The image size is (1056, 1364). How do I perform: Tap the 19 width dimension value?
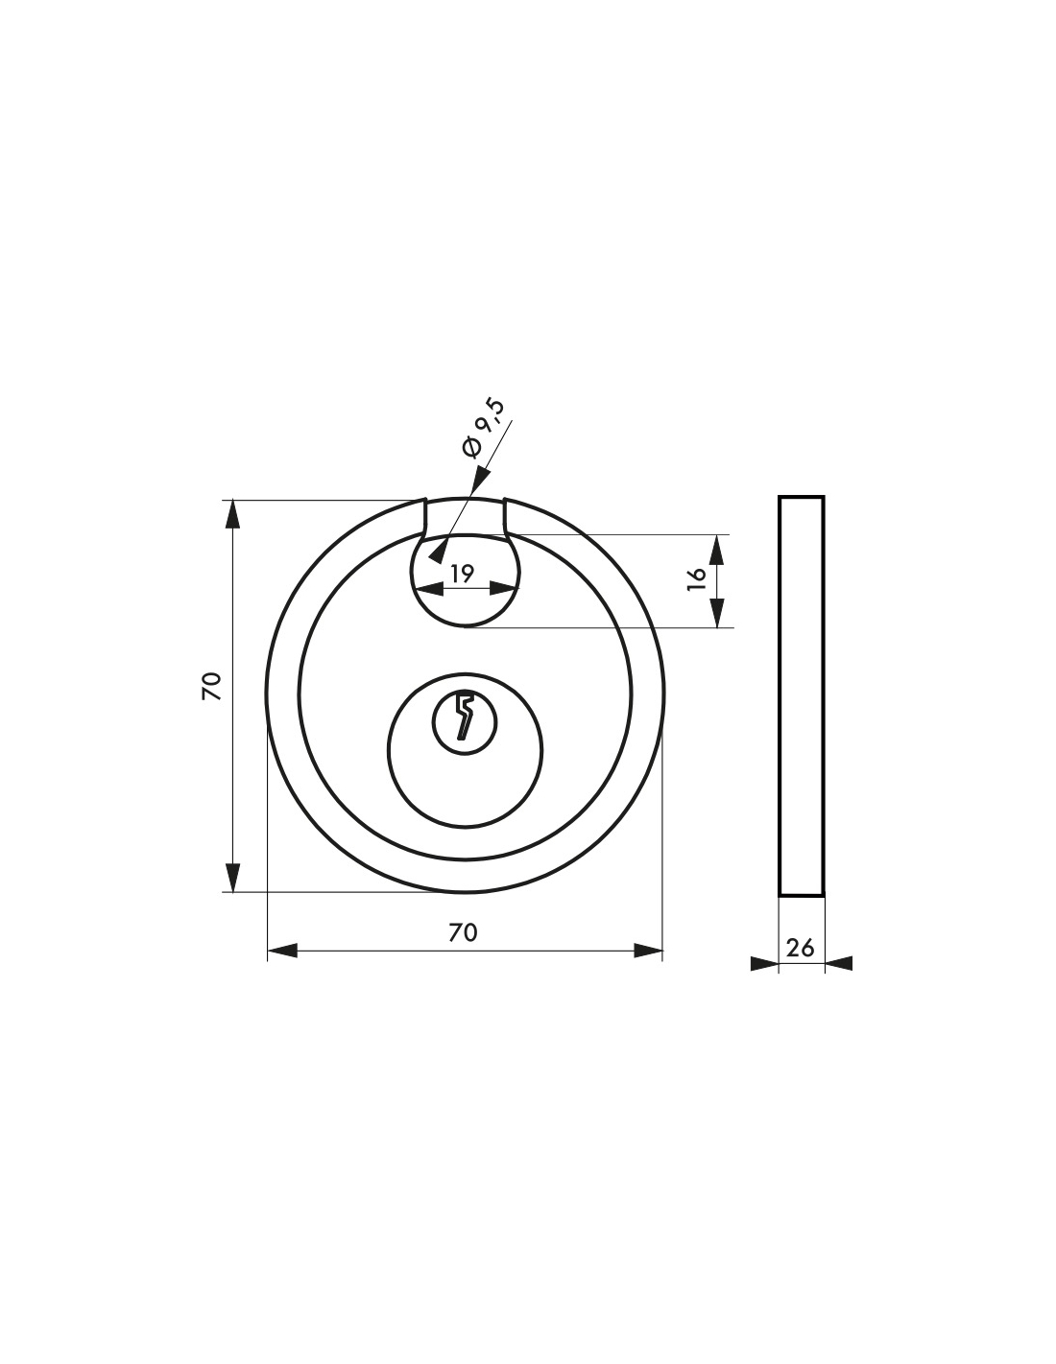coord(462,573)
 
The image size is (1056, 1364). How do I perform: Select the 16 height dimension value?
coord(697,578)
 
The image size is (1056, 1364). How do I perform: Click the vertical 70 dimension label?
coord(212,686)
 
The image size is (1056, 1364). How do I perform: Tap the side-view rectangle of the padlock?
coord(801,695)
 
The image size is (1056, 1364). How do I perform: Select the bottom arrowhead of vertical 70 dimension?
coord(232,877)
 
